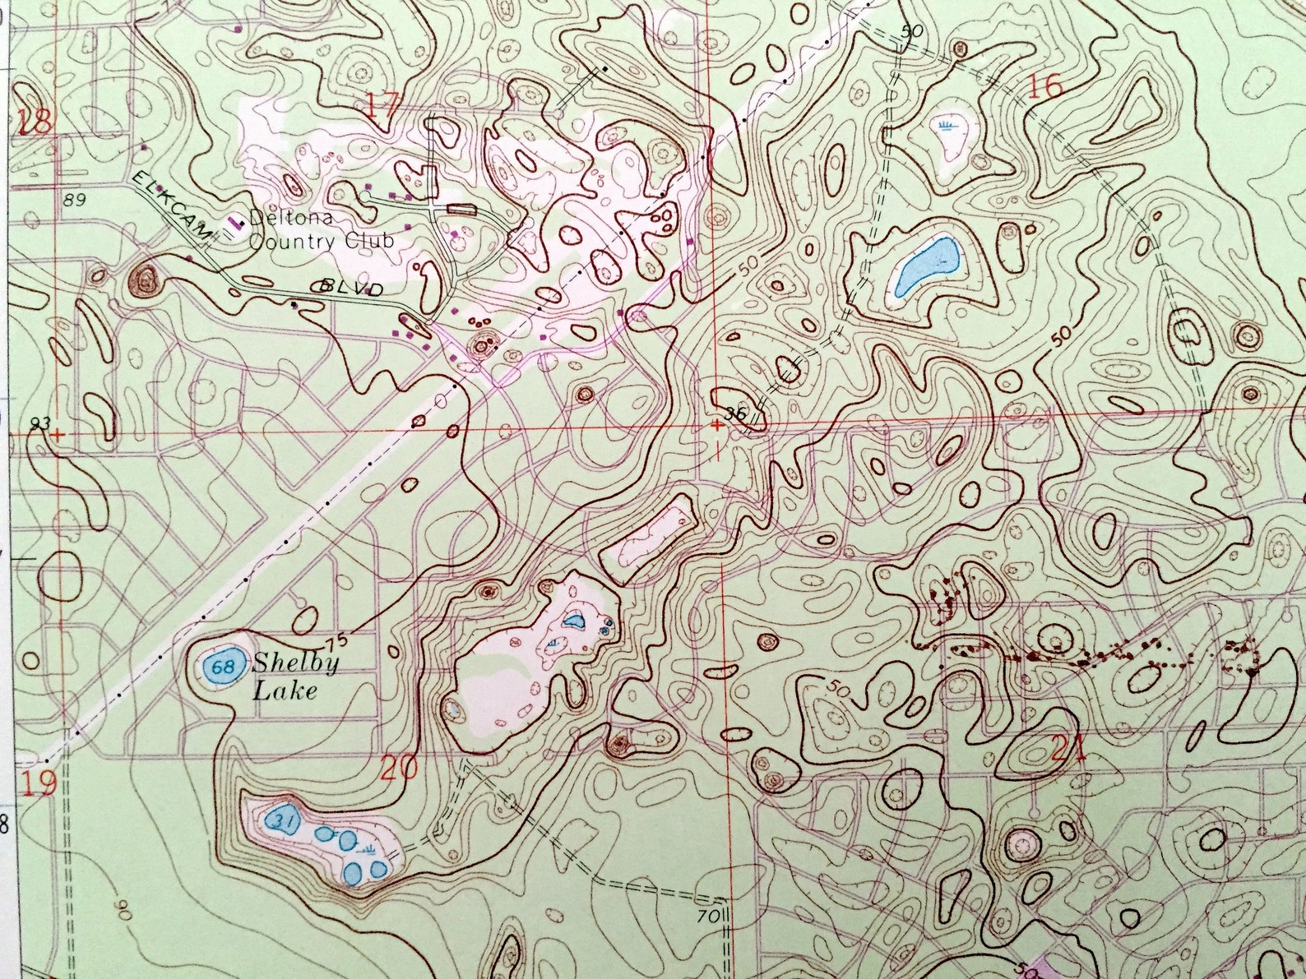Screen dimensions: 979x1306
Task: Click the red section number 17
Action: (384, 106)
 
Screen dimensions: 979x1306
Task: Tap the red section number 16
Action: (1044, 87)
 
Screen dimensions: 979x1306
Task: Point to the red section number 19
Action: (39, 783)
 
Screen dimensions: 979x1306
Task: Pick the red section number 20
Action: (400, 768)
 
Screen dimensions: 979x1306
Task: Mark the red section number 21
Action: (1068, 749)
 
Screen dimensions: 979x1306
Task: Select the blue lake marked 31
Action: (285, 820)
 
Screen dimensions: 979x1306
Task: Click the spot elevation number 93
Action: (39, 423)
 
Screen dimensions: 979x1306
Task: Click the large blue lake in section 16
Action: (927, 266)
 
